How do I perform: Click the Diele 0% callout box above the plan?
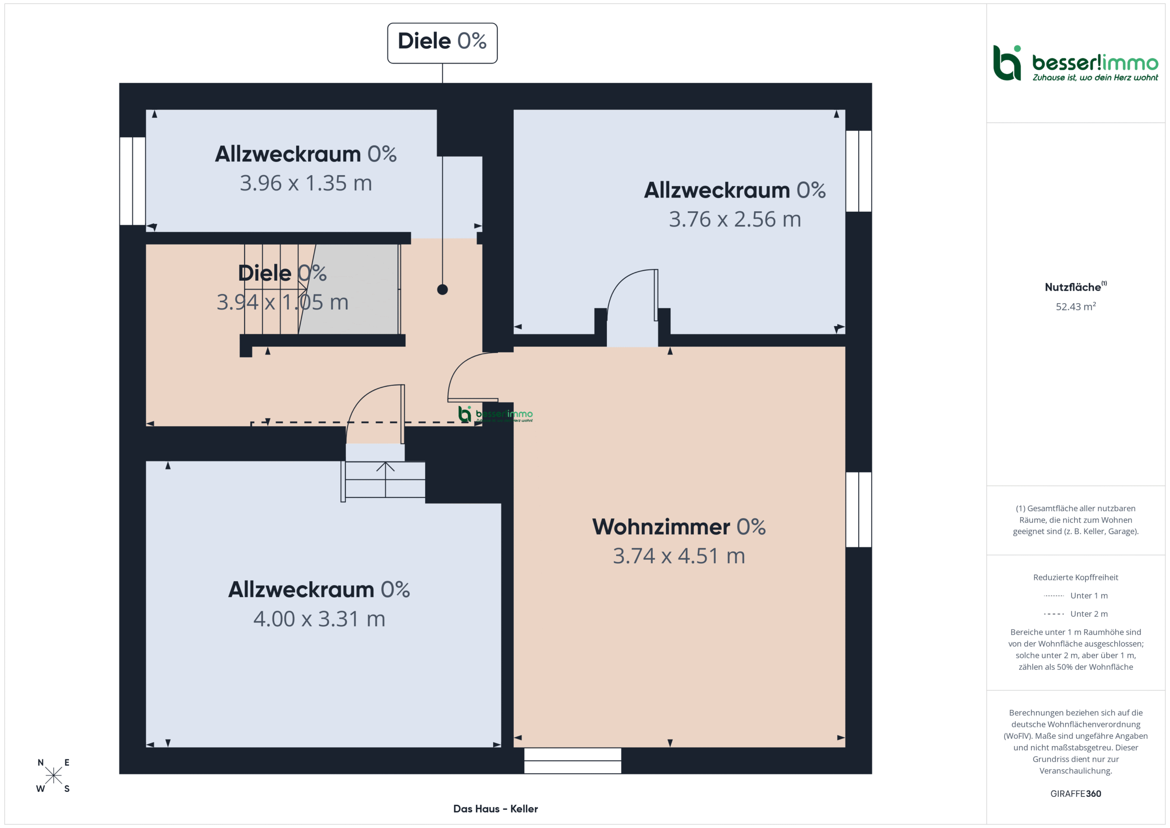[x=442, y=43]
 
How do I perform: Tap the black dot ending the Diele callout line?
[x=442, y=289]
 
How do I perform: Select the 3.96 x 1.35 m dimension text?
[x=306, y=183]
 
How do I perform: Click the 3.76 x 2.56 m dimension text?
[x=735, y=219]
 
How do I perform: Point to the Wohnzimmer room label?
[x=679, y=527]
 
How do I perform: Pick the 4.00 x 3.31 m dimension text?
[x=319, y=619]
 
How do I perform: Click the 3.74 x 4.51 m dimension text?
[x=679, y=556]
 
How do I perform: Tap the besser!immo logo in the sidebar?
[x=1075, y=63]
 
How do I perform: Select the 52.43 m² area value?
[x=1076, y=306]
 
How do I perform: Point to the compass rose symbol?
[x=53, y=775]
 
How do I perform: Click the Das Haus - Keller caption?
[x=495, y=809]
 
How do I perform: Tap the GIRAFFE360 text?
[x=1076, y=794]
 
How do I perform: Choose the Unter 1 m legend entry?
[x=1076, y=595]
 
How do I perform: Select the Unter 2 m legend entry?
[x=1076, y=614]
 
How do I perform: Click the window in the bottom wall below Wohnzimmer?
[x=573, y=761]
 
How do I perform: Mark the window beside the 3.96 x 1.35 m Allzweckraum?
[x=133, y=181]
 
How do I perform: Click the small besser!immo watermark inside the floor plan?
[x=495, y=415]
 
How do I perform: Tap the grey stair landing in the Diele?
[x=349, y=289]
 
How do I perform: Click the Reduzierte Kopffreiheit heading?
[x=1076, y=577]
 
